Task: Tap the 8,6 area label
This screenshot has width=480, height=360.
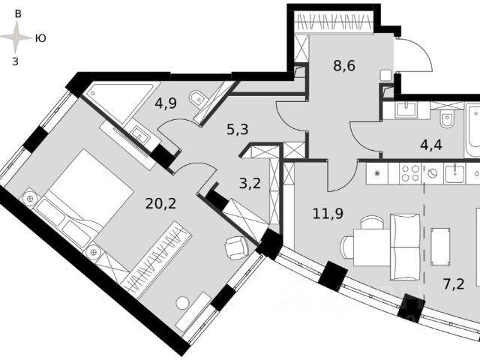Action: point(344,65)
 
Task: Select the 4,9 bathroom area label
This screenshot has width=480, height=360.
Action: point(165,103)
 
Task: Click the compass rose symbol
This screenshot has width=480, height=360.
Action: point(17,36)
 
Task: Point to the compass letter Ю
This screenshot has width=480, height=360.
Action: point(40,37)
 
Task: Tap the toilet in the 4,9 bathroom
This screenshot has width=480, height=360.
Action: point(196,97)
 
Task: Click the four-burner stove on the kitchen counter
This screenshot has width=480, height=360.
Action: point(409,174)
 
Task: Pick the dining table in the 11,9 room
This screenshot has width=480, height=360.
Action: point(368,246)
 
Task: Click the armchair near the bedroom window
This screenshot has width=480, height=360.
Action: point(237,247)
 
